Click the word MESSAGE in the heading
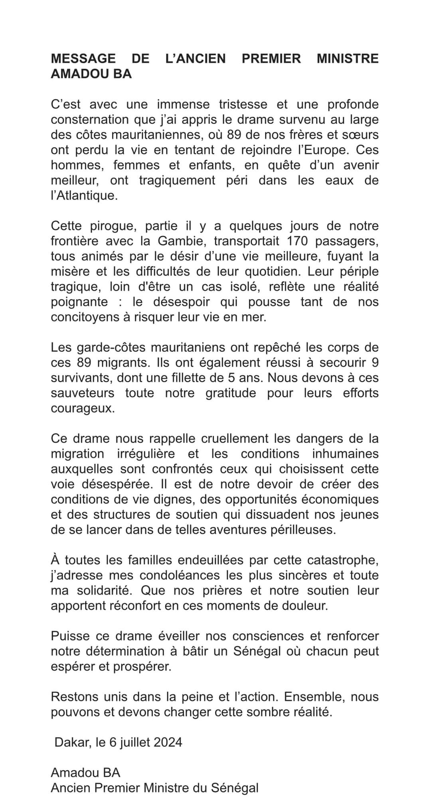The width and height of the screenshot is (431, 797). tap(83, 59)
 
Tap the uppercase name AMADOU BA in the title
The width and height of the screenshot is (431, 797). tap(91, 74)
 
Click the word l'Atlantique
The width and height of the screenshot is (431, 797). tap(84, 196)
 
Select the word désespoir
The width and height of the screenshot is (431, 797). tap(182, 302)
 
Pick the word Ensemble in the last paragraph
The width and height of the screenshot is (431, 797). tap(308, 697)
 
